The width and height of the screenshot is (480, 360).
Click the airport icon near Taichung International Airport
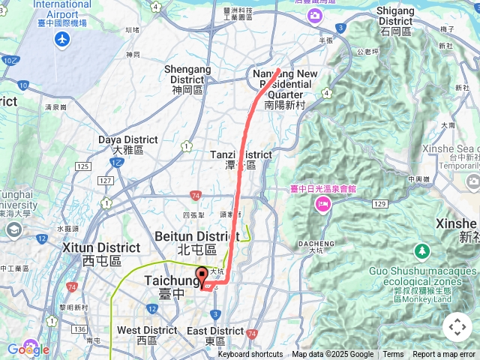tap(62, 39)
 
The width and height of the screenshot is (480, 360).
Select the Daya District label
tap(127, 144)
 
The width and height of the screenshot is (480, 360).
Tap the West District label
tap(147, 334)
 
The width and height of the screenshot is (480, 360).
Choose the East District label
tap(215, 334)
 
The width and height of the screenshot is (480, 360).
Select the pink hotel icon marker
tap(324, 204)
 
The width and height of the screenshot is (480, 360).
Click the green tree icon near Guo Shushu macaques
tap(421, 250)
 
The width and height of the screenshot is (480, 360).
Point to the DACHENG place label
tap(316, 243)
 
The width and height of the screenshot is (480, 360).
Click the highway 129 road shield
tap(379, 203)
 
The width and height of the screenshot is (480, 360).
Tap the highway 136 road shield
tap(79, 328)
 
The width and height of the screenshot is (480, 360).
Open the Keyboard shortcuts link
tap(250, 355)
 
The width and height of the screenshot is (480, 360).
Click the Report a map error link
tap(443, 355)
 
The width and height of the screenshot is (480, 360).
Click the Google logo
tap(28, 349)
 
